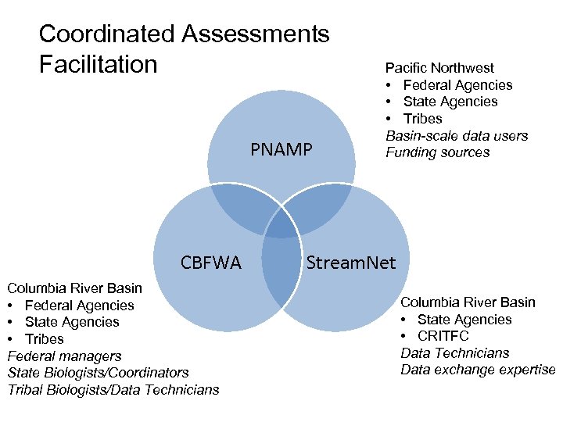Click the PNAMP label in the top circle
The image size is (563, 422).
281,149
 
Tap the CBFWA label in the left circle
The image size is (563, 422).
210,263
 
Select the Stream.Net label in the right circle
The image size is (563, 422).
351,263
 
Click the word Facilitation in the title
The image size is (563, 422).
98,63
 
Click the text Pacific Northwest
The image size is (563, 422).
439,68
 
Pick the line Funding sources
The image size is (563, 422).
437,152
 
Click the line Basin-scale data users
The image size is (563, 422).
457,136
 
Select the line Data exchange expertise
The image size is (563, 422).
478,370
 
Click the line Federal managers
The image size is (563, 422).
64,356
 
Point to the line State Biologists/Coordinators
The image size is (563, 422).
98,373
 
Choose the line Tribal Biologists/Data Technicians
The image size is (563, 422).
113,389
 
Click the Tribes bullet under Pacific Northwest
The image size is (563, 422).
422,119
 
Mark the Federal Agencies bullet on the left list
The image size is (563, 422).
79,306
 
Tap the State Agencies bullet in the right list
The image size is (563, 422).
464,319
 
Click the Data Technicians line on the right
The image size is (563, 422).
454,353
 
